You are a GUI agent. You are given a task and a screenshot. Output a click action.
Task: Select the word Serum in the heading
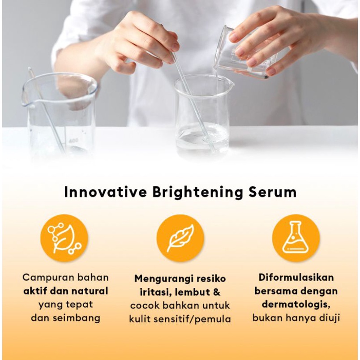pos(272,192)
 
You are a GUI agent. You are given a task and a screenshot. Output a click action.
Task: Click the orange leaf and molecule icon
pos(64,238)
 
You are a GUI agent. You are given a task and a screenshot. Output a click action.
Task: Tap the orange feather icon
pos(180,238)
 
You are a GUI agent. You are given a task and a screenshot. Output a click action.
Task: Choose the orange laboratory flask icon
pos(296,238)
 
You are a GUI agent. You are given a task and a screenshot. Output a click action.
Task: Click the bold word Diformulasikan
pos(296,277)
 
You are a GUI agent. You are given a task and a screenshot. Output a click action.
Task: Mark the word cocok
pos(144,306)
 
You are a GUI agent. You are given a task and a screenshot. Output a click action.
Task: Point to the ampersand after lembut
pos(216,292)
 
